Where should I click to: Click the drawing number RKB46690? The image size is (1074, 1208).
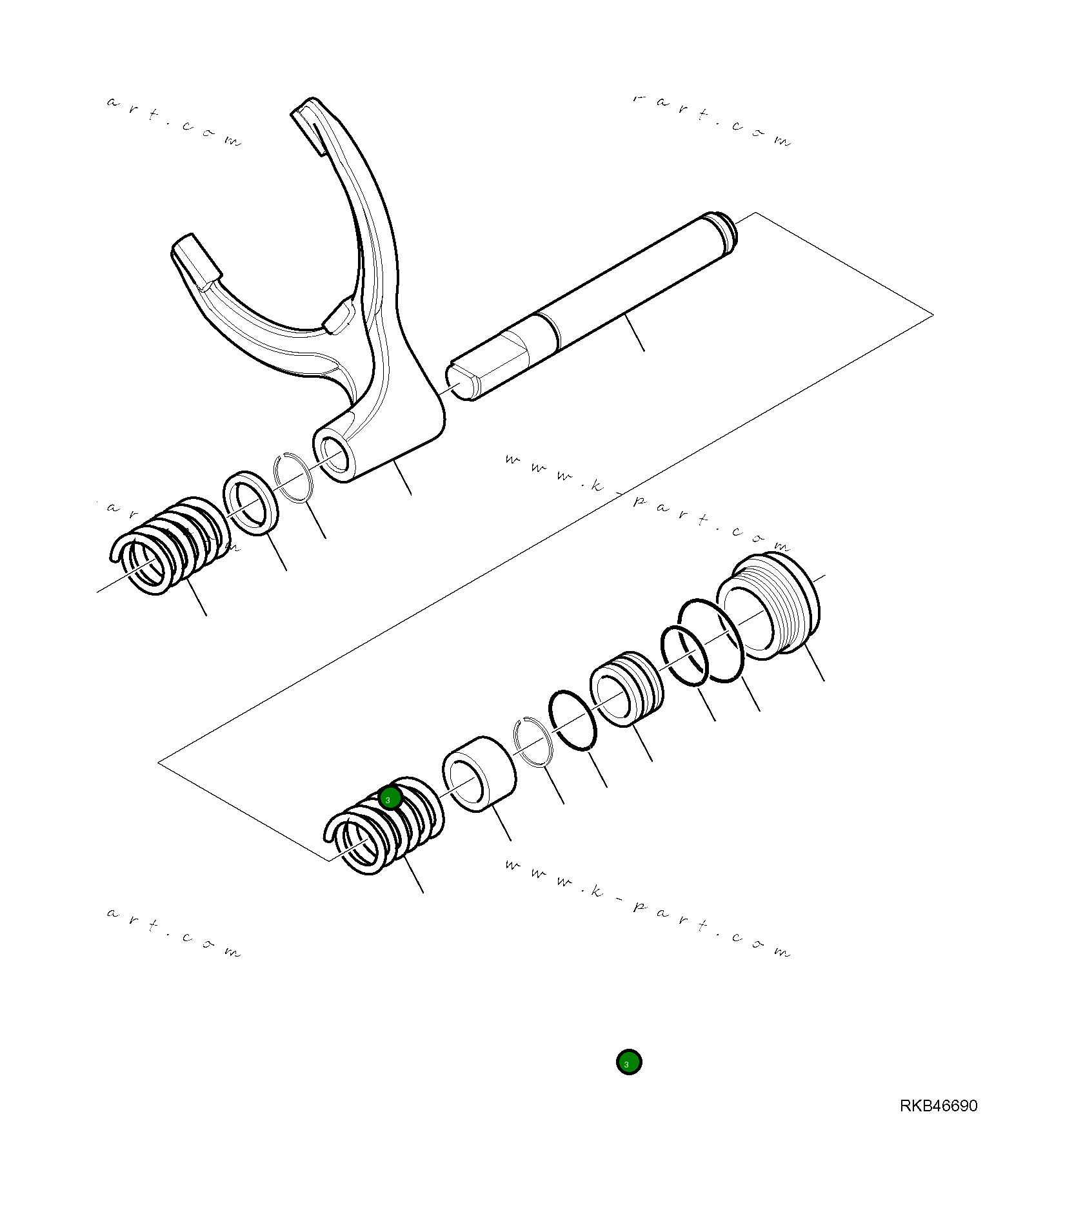[938, 1106]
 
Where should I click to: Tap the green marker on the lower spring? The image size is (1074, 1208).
[390, 799]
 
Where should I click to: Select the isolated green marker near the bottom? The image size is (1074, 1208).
[628, 1062]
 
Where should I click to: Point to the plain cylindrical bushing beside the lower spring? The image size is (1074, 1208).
[479, 774]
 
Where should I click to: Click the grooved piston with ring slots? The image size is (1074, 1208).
[626, 688]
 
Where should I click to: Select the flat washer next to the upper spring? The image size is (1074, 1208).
[251, 503]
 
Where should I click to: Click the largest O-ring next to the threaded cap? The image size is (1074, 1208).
[711, 640]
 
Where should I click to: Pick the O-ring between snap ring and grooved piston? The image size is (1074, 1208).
[573, 721]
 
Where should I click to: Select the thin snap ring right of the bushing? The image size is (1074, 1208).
[534, 741]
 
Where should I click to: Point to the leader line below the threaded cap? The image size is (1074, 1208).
[814, 661]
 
